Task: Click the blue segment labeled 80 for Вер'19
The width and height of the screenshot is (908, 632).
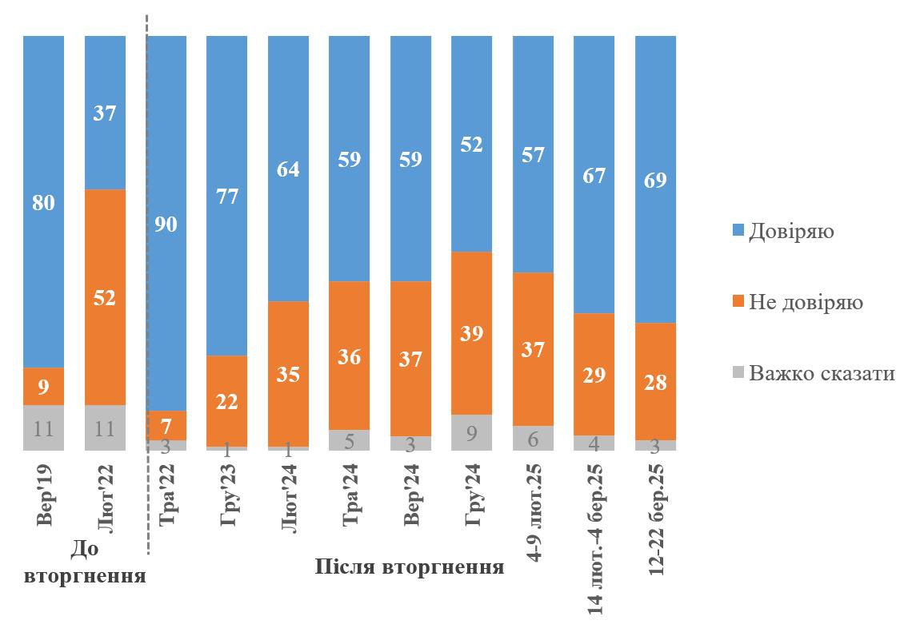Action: click(x=43, y=203)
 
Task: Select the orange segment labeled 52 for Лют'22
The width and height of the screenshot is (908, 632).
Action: click(x=105, y=297)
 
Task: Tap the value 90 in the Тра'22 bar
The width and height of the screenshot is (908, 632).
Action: click(x=166, y=225)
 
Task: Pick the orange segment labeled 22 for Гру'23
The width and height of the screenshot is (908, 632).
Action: click(x=226, y=401)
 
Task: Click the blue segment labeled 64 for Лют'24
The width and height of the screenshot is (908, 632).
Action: click(x=288, y=169)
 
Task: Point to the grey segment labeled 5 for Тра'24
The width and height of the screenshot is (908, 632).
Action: click(x=350, y=440)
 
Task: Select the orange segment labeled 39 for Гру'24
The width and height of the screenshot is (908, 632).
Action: click(x=472, y=333)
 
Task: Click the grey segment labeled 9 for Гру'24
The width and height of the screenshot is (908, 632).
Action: click(x=472, y=432)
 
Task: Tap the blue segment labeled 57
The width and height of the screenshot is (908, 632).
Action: click(x=533, y=155)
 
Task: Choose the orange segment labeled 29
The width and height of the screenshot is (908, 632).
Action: click(x=594, y=374)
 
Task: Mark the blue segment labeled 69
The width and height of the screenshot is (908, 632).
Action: click(x=655, y=180)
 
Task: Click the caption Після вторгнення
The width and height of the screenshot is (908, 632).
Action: click(x=410, y=568)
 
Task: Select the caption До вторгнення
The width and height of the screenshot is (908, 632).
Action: click(x=85, y=562)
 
